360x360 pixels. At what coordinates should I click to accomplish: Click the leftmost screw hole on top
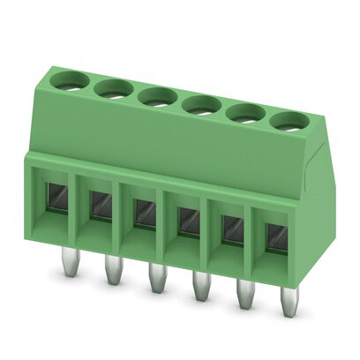click(68, 82)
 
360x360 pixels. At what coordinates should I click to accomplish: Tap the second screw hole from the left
click(113, 87)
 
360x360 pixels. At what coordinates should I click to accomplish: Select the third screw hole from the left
click(156, 94)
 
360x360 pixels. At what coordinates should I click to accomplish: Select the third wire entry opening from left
click(144, 214)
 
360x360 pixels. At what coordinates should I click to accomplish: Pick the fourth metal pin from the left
click(199, 291)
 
